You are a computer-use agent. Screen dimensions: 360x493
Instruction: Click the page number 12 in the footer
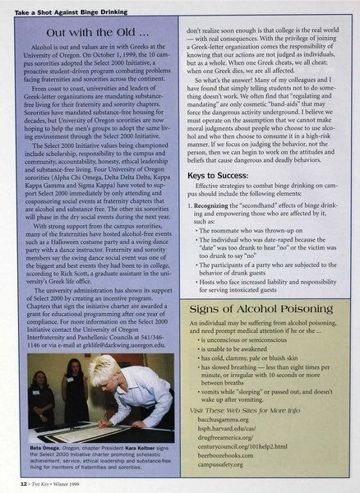22,485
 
